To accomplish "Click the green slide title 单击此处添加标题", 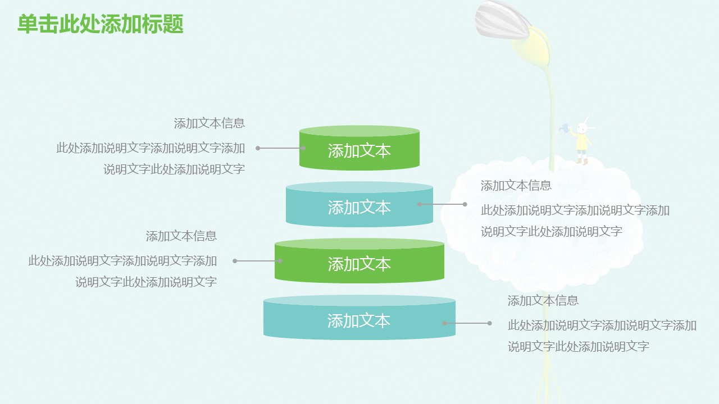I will (101, 24).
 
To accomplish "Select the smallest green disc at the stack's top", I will (359, 150).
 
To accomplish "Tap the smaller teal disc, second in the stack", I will (359, 207).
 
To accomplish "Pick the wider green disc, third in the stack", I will (359, 263).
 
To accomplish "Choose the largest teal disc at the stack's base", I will (359, 320).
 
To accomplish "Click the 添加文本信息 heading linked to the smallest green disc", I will (210, 123).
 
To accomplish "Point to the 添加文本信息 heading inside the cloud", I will (516, 186).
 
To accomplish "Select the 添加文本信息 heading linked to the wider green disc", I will (181, 236).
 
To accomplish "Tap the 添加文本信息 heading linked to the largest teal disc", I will (543, 301).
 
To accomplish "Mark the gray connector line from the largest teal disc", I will (467, 323).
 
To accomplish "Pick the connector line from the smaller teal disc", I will (442, 204).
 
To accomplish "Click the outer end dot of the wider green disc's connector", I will (235, 261).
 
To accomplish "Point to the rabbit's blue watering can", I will (564, 128).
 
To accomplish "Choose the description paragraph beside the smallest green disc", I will (151, 159).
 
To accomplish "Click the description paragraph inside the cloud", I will (575, 221).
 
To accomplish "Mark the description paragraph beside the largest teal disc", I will (602, 336).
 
